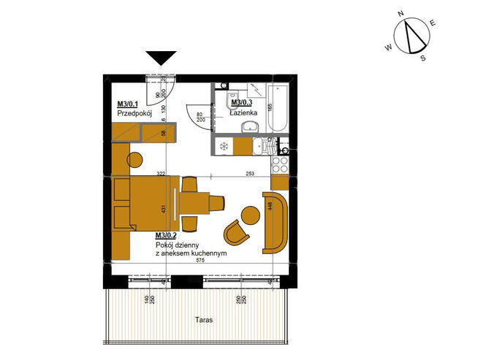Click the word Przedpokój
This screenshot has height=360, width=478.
(133, 114)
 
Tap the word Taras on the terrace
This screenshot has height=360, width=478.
(204, 320)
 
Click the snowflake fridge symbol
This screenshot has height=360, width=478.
(224, 147)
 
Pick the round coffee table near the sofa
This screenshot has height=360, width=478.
(251, 215)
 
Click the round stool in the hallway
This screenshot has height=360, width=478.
(136, 158)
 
